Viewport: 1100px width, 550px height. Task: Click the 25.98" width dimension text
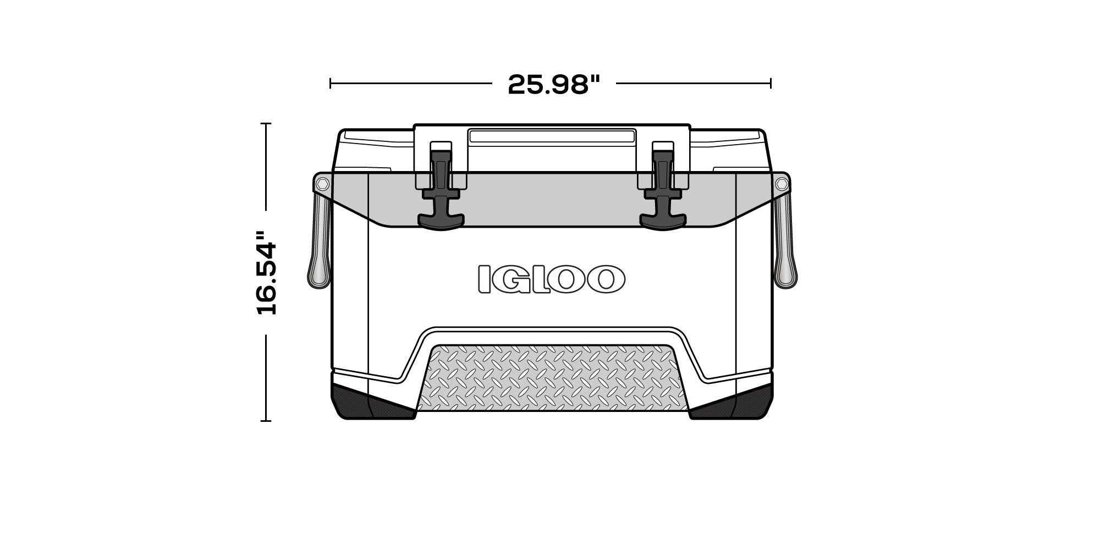pos(553,84)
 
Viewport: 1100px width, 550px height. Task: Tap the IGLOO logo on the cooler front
pos(551,278)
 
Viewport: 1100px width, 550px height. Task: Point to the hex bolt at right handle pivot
pos(781,183)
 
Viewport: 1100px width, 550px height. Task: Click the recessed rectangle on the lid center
pos(552,137)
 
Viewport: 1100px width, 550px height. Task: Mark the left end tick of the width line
pos(330,84)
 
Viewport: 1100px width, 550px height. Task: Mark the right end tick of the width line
pos(771,84)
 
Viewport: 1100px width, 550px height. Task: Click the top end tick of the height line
pos(266,124)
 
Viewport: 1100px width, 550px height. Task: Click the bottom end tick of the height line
pos(266,421)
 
